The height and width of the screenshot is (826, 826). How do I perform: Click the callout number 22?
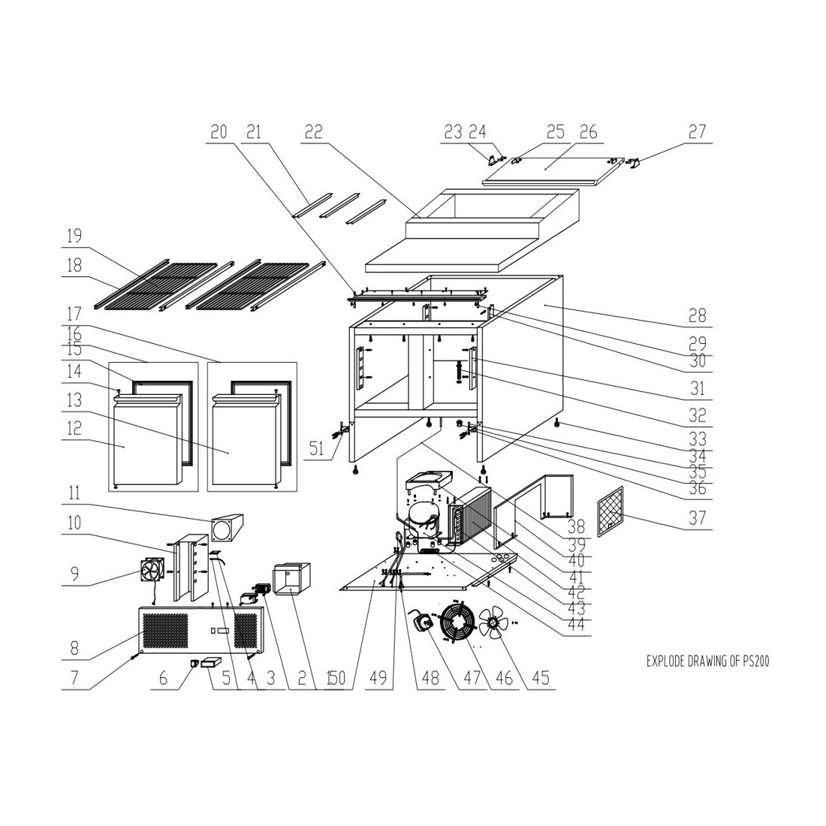[313, 131]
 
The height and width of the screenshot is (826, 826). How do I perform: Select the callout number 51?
[317, 449]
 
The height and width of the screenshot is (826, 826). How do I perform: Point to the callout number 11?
[74, 493]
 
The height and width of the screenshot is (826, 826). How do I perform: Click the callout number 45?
[541, 678]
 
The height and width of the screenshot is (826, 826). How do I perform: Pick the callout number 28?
[697, 316]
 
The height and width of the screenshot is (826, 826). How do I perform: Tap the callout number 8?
[74, 648]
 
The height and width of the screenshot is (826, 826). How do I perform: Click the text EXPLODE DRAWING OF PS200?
[707, 661]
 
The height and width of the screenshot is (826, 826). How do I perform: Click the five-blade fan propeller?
[493, 624]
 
